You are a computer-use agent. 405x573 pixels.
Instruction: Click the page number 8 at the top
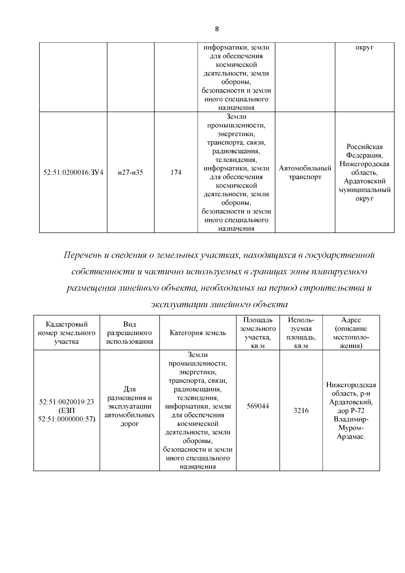point(217,29)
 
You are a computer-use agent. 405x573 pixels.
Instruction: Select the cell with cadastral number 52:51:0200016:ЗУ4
point(73,173)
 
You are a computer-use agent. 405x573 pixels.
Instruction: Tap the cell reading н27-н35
point(131,173)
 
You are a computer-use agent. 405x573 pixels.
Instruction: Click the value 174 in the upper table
point(175,173)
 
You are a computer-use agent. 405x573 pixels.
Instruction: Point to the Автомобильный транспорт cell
point(305,173)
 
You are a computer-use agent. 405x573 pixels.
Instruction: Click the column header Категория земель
point(198,333)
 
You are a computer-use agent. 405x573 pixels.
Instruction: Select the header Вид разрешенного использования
point(130,333)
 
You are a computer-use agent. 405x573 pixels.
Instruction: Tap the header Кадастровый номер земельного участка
point(66,333)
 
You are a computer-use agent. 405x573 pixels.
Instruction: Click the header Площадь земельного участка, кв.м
point(258,333)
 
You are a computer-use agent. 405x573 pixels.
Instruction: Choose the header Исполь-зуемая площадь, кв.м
point(301,333)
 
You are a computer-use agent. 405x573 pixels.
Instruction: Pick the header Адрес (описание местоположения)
point(351,333)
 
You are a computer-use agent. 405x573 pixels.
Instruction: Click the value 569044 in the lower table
point(258,406)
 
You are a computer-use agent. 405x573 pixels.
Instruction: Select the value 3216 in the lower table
point(301,411)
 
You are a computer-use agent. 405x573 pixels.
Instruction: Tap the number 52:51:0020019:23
point(66,402)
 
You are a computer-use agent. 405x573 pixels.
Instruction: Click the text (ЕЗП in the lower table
point(66,411)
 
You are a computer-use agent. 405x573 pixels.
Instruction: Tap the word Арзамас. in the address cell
point(351,437)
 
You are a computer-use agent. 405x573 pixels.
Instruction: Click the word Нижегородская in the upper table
point(364,164)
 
